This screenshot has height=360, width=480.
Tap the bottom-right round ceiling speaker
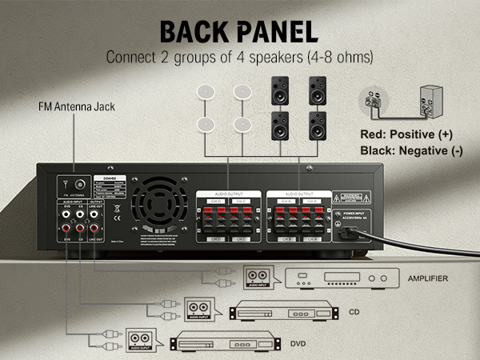coord(242,125)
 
